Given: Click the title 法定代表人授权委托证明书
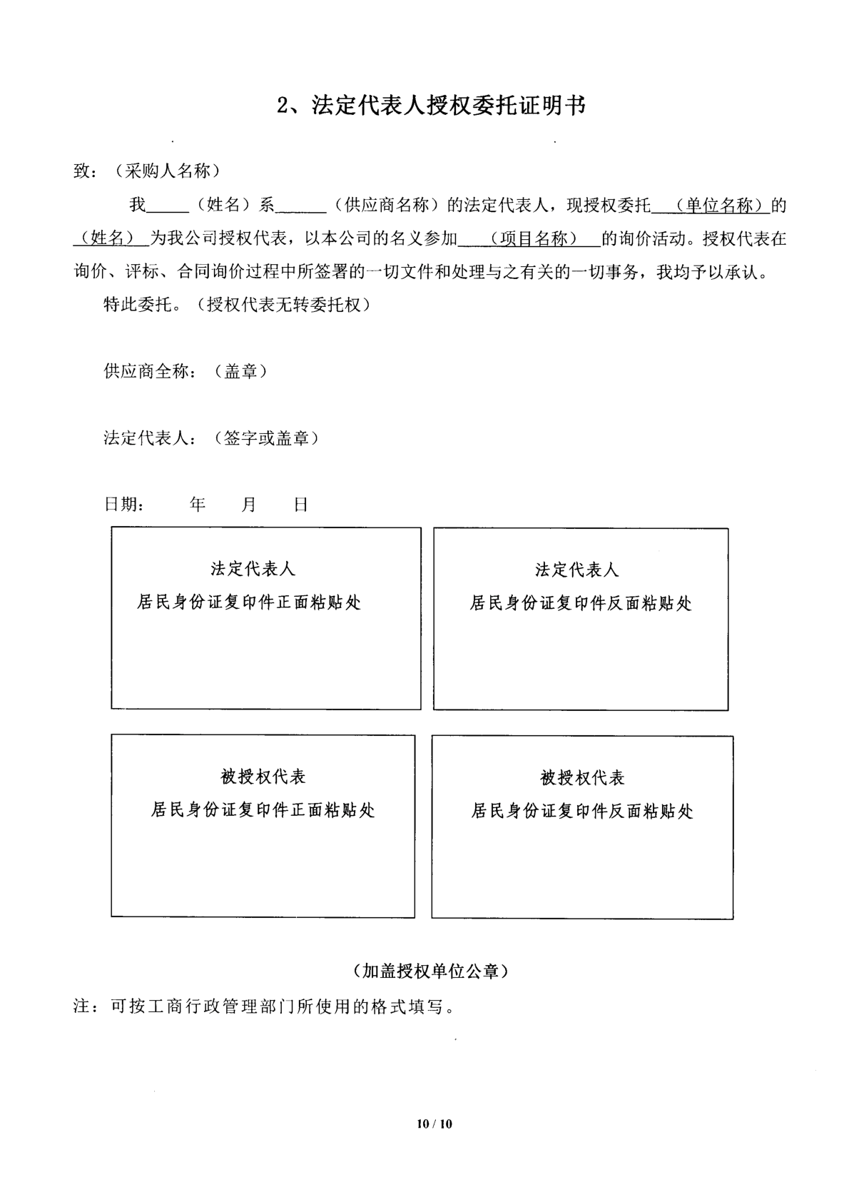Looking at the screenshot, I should click(432, 106).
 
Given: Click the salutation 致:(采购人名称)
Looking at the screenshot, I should click(146, 171).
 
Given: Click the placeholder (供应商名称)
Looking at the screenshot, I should click(387, 206).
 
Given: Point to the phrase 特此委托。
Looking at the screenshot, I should click(138, 305).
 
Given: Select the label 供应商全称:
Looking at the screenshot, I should click(149, 371).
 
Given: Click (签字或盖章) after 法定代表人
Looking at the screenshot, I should click(265, 438).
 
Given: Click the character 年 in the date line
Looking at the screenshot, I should click(198, 505).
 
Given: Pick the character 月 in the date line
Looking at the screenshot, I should click(248, 505).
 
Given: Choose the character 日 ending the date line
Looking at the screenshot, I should click(301, 505).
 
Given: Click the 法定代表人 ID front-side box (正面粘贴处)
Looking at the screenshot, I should click(265, 618).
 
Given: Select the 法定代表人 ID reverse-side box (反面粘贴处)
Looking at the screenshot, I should click(581, 619).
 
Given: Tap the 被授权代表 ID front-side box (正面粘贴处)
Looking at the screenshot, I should click(263, 826).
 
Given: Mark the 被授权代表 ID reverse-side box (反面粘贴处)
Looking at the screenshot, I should click(582, 827).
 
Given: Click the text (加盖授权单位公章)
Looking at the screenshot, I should click(430, 971).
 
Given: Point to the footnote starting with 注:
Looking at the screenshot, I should click(264, 1006).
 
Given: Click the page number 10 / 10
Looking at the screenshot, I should click(434, 1123).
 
